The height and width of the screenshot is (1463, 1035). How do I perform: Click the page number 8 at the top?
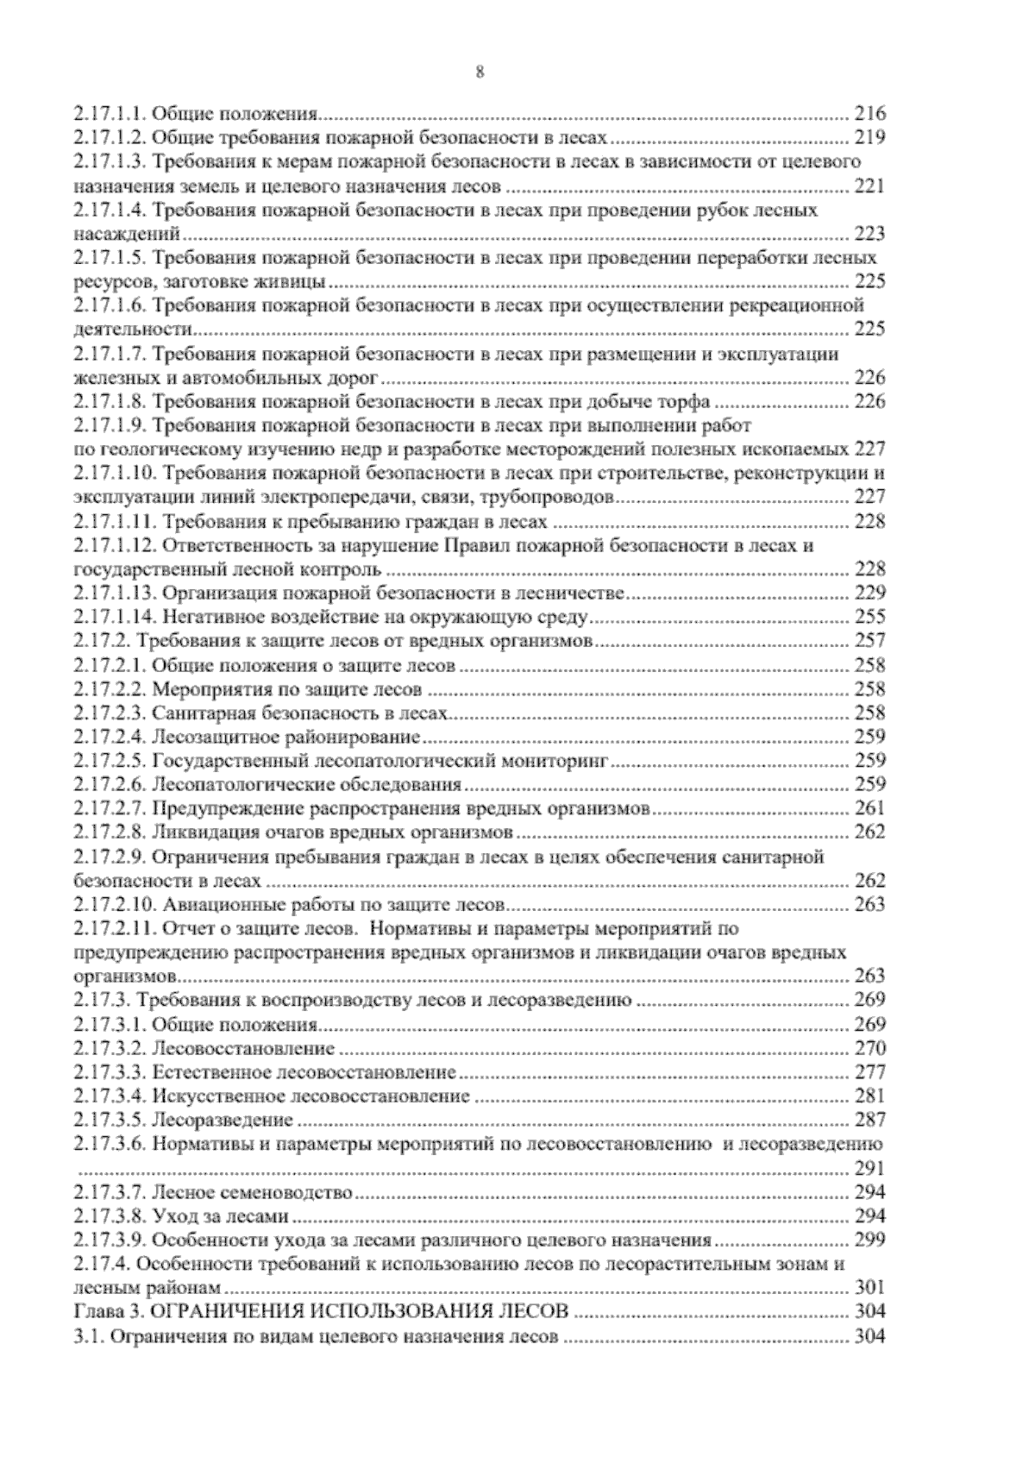(480, 72)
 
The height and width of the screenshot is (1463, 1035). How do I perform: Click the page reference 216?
(869, 113)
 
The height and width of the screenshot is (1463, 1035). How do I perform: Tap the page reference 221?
(869, 185)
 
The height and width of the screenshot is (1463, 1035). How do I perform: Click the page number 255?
(869, 618)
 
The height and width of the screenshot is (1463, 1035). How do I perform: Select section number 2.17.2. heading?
(102, 642)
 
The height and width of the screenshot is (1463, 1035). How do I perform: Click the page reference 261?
(869, 809)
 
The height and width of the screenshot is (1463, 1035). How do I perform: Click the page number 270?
(869, 1049)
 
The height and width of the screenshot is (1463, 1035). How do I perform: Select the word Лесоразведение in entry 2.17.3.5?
(223, 1121)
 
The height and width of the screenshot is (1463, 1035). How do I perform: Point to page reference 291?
(869, 1170)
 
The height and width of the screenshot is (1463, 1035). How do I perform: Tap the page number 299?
(869, 1241)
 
